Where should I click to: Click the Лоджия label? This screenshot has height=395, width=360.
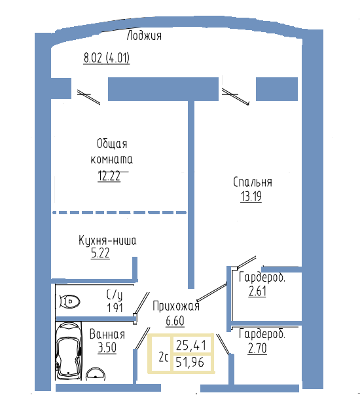144,35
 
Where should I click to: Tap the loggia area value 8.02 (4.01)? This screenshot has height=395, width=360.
107,58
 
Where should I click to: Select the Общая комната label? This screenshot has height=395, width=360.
111,151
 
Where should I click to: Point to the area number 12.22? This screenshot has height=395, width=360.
109,176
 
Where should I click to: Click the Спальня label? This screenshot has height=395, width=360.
253,182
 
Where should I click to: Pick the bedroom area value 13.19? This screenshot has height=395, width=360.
251,197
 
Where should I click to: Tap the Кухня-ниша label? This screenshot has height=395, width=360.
107,240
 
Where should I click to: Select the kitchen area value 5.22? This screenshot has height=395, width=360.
100,253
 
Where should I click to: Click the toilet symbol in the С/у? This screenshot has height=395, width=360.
70,301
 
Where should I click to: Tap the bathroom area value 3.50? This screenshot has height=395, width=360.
107,348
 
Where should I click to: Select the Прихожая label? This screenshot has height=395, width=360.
176,306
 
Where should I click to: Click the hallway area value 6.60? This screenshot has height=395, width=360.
175,321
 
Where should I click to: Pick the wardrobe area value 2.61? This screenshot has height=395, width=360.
257,292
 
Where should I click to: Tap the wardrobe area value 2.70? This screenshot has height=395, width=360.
257,348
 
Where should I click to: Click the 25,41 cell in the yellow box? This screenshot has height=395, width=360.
191,345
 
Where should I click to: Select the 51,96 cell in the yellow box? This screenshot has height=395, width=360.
191,363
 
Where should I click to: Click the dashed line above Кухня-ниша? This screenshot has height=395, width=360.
119,213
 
